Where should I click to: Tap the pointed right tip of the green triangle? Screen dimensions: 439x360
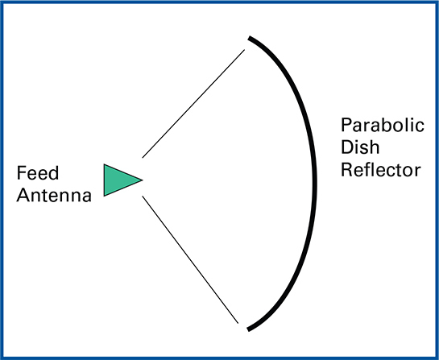[x=143, y=180]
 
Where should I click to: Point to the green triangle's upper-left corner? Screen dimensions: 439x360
[x=104, y=164]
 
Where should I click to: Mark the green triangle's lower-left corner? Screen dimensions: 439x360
[x=104, y=196]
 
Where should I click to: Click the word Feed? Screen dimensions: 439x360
[x=38, y=172]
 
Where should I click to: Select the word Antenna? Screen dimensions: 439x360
[x=54, y=195]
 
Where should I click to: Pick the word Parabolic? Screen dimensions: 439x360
[x=383, y=125]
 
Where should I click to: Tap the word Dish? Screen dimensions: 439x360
[x=360, y=147]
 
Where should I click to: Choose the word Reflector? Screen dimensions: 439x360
[x=381, y=170]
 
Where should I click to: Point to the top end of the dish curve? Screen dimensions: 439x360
[x=249, y=38]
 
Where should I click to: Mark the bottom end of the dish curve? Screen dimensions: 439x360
[x=248, y=329]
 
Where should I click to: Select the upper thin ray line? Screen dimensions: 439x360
[x=193, y=104]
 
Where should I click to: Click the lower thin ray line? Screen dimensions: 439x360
[x=190, y=259]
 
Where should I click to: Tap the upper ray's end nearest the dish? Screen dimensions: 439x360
[x=244, y=50]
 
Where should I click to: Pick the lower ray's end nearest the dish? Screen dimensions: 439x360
[x=238, y=323]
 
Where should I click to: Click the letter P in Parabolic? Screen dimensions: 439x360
[x=346, y=125]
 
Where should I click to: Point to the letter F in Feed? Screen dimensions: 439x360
[x=21, y=172]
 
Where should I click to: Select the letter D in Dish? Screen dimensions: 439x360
[x=347, y=147]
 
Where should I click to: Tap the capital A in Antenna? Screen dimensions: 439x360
[x=23, y=195]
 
